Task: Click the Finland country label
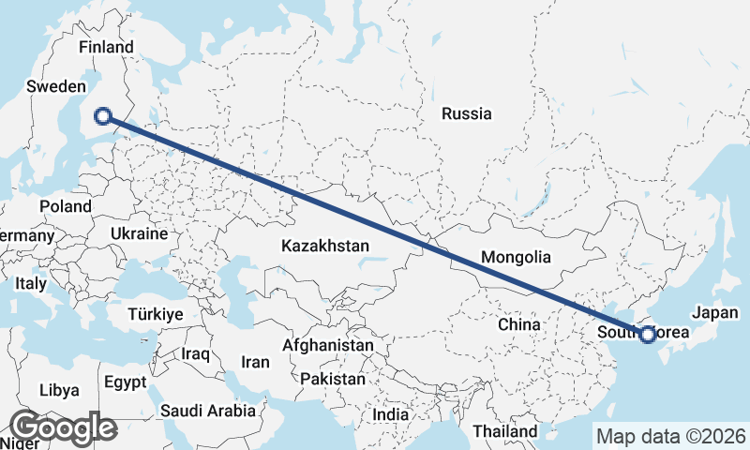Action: (106, 47)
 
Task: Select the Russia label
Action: (466, 114)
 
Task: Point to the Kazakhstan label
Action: (325, 246)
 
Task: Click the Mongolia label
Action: (515, 257)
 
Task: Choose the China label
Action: (519, 324)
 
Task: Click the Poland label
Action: (66, 206)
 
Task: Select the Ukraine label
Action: (138, 233)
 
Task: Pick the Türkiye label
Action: (157, 314)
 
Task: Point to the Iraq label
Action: (196, 354)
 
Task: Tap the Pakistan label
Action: (332, 379)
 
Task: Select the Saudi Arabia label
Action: (208, 410)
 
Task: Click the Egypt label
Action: (125, 382)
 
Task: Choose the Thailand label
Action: (505, 430)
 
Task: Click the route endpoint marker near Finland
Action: (103, 116)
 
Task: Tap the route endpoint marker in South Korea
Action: (647, 334)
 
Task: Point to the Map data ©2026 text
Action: (670, 436)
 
